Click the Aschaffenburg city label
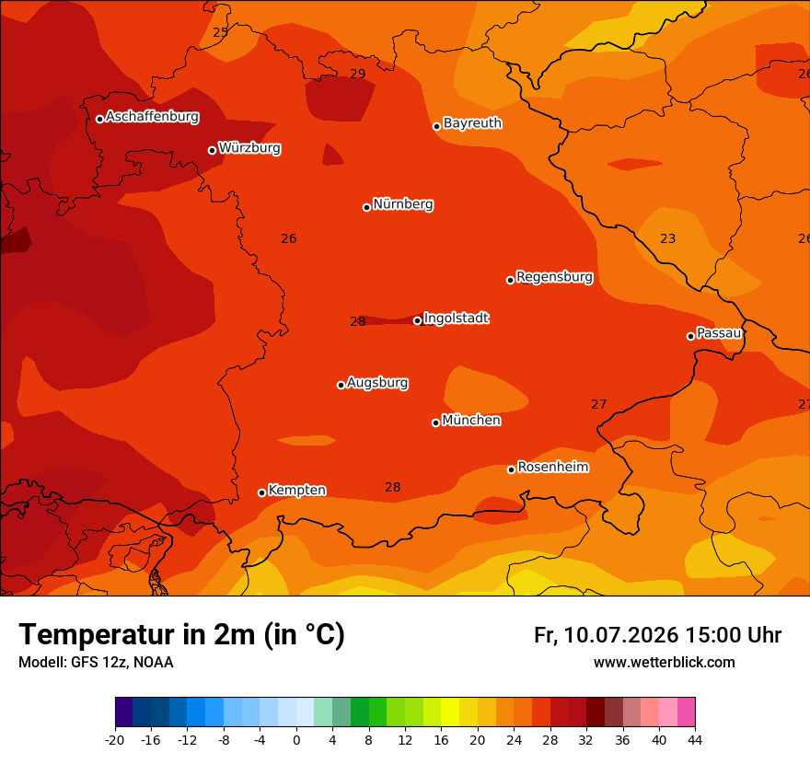[x=153, y=117]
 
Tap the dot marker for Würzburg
[x=212, y=150]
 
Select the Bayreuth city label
[x=472, y=123]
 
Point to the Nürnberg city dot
[x=366, y=207]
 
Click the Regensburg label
[x=554, y=277]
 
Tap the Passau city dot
[x=690, y=336]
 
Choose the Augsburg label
[x=377, y=383]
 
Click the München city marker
[x=435, y=423]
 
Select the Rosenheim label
[x=553, y=467]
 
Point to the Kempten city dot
[x=262, y=492]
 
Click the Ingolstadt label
[x=457, y=318]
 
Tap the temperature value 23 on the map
[x=668, y=238]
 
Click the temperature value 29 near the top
[x=358, y=74]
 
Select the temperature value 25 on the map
[x=221, y=32]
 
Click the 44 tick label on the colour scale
[x=695, y=741]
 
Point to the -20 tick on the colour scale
[x=115, y=741]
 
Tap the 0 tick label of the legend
[x=296, y=741]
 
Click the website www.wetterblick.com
[x=665, y=663]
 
